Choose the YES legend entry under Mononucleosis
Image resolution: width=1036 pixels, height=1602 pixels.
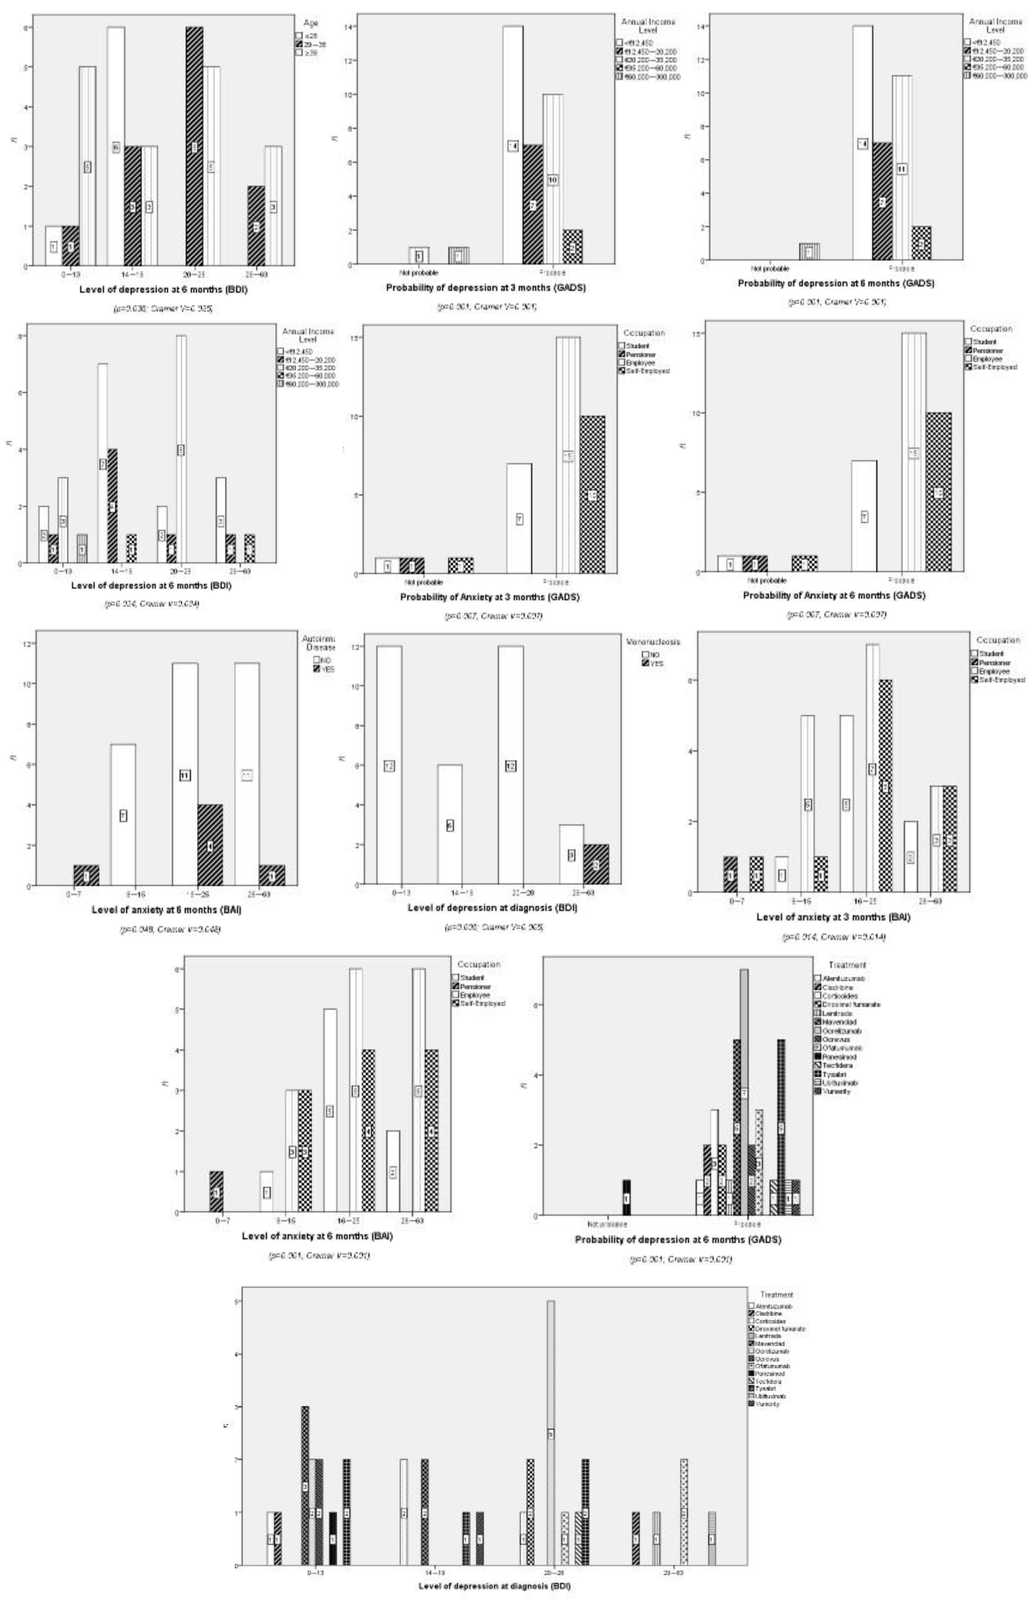coord(653,664)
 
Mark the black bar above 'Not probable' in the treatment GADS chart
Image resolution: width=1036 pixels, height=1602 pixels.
coord(626,1197)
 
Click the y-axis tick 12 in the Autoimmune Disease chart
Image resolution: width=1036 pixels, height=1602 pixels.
coord(27,644)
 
